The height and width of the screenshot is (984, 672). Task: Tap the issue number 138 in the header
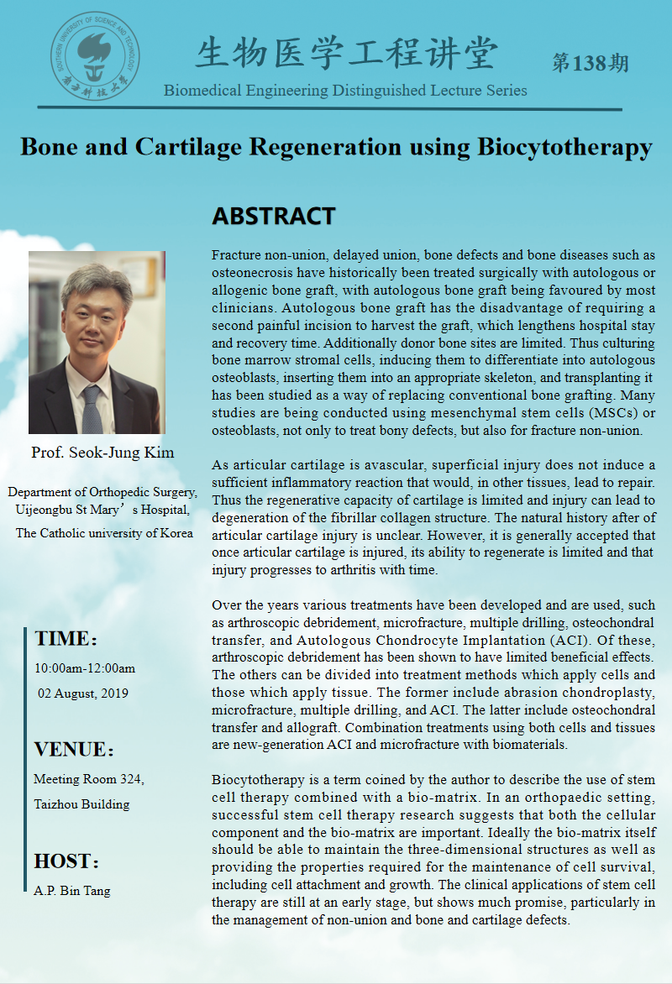[590, 63]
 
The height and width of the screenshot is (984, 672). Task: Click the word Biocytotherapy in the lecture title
[564, 147]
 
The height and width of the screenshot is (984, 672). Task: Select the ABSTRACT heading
[274, 217]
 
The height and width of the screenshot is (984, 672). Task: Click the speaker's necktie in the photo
[92, 406]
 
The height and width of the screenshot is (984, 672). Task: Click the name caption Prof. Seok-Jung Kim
[102, 453]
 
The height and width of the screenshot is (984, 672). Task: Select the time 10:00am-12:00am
[84, 669]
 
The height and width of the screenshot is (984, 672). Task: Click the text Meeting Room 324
[88, 779]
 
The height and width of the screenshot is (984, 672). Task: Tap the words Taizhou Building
[81, 803]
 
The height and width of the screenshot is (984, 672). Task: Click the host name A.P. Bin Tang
[71, 891]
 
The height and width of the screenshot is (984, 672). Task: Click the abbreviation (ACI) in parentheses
[571, 641]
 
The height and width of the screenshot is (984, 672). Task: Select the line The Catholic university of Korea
[104, 533]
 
